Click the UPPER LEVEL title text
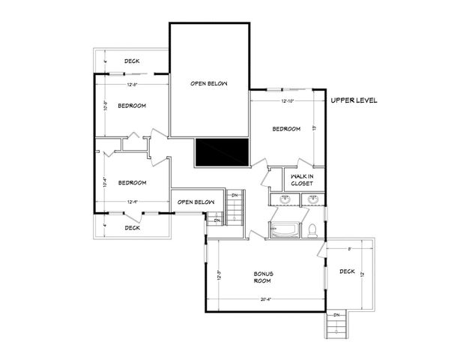click(354, 100)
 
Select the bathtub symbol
click(284, 231)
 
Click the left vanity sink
click(285, 199)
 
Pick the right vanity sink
click(312, 199)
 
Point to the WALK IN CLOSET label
click(302, 179)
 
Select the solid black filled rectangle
click(221, 153)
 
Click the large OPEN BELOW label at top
click(208, 83)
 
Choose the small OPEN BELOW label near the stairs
click(195, 202)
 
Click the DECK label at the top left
click(132, 61)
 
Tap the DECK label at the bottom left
click(132, 227)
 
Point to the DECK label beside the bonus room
click(346, 271)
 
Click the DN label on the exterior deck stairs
click(336, 314)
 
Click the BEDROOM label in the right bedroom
click(285, 129)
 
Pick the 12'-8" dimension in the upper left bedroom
click(132, 84)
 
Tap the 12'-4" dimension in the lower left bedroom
click(132, 201)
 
